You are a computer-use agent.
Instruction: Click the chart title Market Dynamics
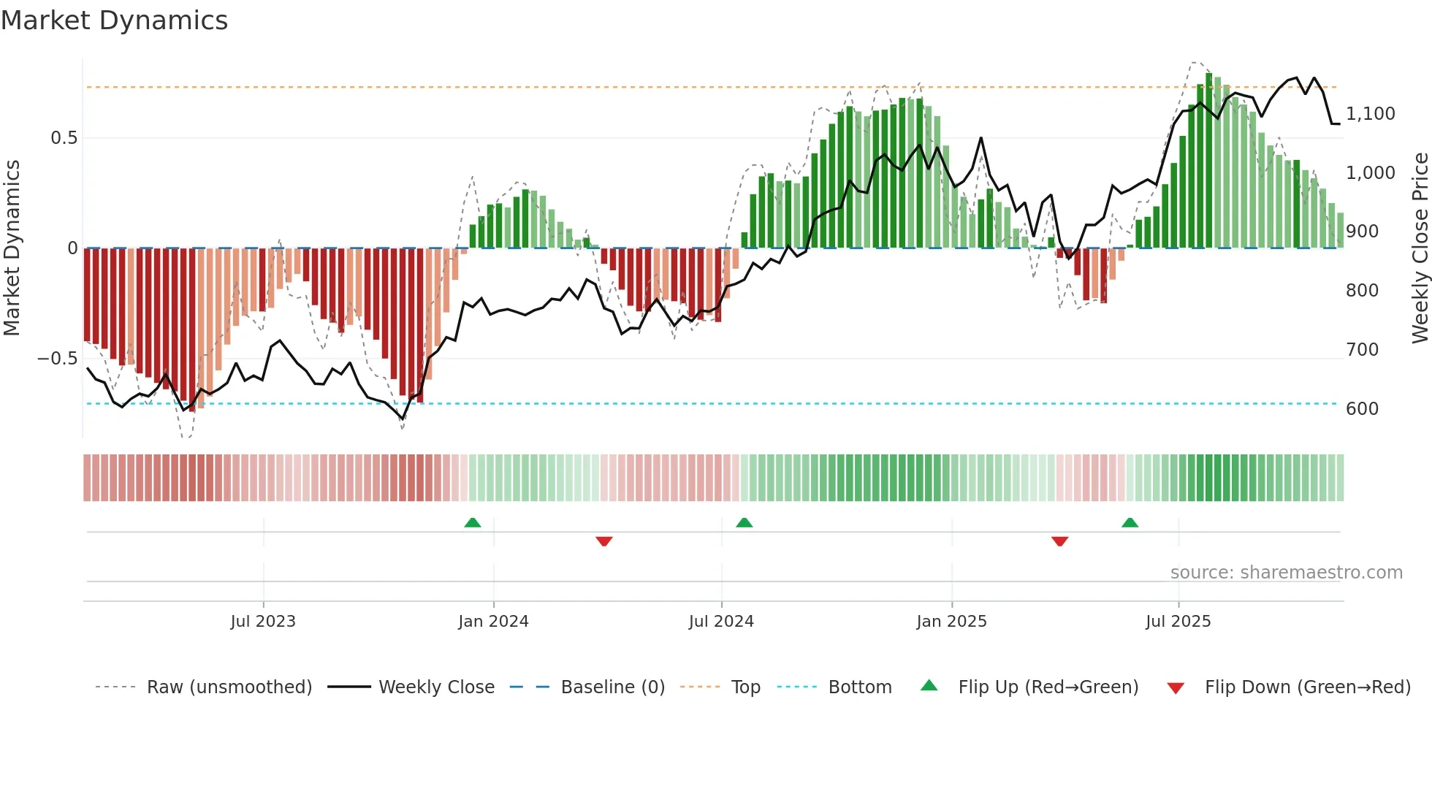coord(114,20)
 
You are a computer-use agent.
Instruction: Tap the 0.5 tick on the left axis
coord(64,138)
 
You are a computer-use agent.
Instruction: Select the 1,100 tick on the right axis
coord(1371,114)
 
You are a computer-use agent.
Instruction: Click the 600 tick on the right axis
coord(1362,409)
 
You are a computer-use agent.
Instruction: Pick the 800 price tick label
coord(1362,291)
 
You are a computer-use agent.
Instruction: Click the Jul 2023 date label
coord(263,622)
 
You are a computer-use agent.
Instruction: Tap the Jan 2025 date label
coord(951,622)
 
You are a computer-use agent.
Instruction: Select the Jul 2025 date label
coord(1178,622)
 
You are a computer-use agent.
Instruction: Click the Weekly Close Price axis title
coord(1420,248)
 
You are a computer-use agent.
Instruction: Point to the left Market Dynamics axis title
coord(12,248)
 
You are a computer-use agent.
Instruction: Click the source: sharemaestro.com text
coord(1286,573)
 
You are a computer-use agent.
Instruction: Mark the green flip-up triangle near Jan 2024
coord(473,523)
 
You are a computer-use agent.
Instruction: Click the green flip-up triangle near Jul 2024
coord(744,523)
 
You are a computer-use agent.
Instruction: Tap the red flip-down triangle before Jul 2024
coord(604,541)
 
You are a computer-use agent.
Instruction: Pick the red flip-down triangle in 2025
coord(1059,541)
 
